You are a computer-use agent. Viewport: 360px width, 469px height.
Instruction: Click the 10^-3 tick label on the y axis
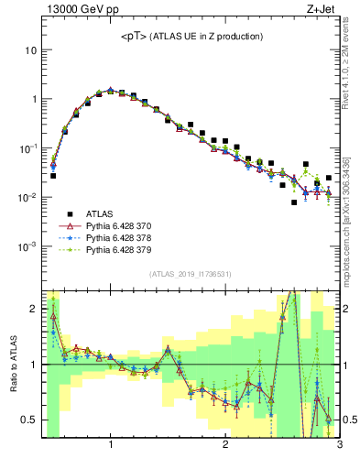(28, 246)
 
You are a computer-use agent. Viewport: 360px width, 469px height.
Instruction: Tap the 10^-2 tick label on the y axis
(28, 198)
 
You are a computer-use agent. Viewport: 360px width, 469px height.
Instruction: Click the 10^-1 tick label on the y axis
(28, 148)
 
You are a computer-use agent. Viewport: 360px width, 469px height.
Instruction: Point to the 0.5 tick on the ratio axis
(29, 420)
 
